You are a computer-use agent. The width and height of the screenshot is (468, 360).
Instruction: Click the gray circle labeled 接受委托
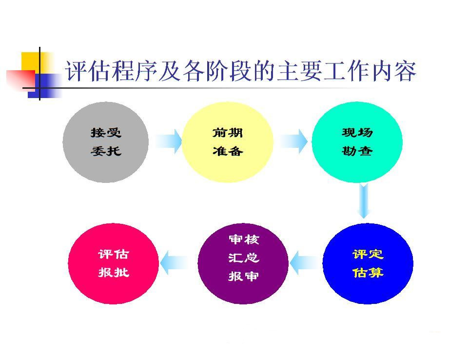106,142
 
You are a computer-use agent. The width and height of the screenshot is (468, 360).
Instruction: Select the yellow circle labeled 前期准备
228,142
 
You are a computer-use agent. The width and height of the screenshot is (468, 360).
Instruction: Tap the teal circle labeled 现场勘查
357,142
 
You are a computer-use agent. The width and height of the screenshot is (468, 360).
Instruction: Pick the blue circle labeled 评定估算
368,263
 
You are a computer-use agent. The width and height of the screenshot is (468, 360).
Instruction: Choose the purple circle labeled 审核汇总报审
243,263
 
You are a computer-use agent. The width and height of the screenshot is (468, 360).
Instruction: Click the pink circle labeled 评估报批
114,263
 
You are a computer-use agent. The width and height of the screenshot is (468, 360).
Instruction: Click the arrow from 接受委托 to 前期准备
168,141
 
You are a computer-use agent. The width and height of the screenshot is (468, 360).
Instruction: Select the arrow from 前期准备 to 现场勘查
293,141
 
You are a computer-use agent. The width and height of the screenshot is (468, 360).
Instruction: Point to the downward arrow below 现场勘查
364,201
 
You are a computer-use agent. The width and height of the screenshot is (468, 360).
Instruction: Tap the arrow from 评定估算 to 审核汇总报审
304,263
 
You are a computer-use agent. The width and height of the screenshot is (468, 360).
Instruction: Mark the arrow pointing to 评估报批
175,263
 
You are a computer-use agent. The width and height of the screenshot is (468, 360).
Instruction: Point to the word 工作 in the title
347,71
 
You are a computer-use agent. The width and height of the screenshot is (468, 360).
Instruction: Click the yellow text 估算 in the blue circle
368,273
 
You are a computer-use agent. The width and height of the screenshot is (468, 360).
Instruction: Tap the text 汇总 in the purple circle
244,258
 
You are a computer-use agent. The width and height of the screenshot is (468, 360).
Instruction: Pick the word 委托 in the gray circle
106,151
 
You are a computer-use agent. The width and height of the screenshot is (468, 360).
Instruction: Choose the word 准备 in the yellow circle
228,151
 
